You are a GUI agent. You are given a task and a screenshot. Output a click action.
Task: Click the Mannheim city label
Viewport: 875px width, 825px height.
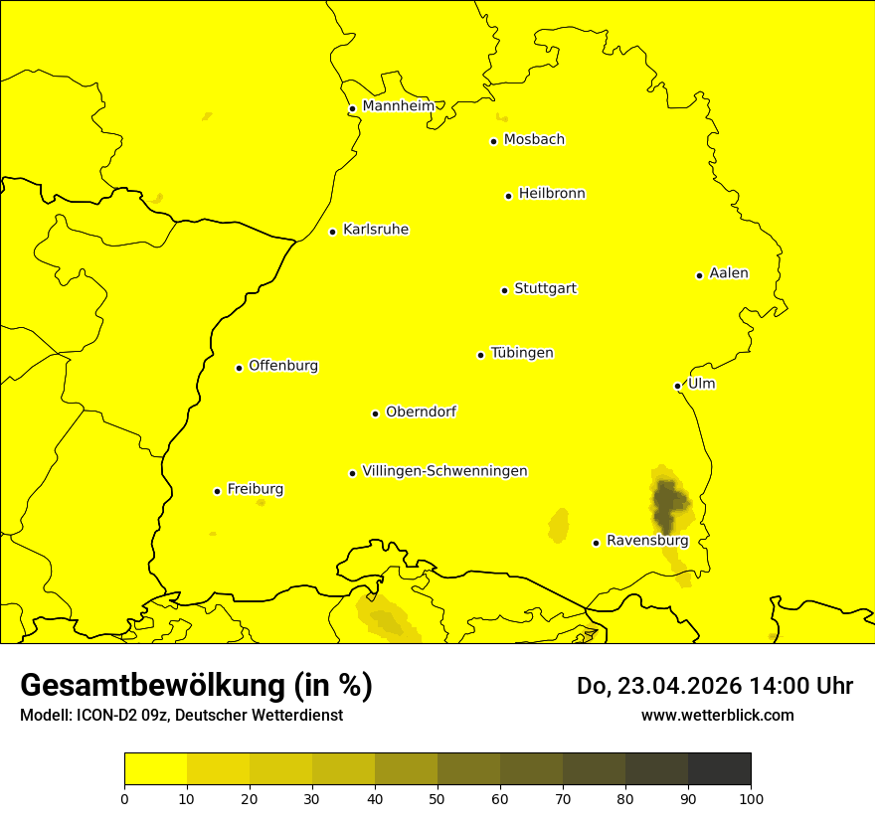click(x=398, y=106)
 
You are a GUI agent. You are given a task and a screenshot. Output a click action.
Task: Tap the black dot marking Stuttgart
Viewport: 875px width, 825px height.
click(x=504, y=290)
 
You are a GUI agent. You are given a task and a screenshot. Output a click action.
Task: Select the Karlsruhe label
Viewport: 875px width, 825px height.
click(x=375, y=230)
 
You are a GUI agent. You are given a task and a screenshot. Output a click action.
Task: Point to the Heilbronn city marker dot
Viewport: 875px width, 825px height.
click(x=508, y=196)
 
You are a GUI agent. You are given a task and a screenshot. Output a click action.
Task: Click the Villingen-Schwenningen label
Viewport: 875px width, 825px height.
click(x=444, y=471)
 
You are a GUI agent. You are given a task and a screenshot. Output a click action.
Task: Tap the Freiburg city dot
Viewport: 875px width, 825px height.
click(x=217, y=491)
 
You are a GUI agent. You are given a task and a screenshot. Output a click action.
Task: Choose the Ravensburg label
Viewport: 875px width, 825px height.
click(x=646, y=541)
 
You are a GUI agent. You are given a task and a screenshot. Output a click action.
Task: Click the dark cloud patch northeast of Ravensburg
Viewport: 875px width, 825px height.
click(x=668, y=503)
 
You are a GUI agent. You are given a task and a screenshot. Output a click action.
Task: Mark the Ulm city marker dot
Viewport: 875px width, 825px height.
click(x=677, y=386)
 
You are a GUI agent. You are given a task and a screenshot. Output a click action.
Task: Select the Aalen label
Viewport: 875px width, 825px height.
click(x=728, y=273)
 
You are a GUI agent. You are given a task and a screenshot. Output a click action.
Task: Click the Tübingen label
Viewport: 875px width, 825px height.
click(x=521, y=353)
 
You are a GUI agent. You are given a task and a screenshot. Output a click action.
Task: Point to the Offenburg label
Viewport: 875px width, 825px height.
click(x=282, y=366)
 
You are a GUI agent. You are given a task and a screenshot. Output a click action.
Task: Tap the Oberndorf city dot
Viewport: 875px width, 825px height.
click(x=375, y=413)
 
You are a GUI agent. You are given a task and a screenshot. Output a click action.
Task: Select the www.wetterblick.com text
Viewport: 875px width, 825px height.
click(x=717, y=715)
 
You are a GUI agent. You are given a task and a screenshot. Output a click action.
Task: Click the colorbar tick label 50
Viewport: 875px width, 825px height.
click(x=437, y=798)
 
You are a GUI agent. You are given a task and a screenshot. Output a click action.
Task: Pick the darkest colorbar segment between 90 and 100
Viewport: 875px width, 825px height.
click(x=719, y=769)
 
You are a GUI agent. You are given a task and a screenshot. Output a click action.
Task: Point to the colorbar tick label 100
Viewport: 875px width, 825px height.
click(x=751, y=798)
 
